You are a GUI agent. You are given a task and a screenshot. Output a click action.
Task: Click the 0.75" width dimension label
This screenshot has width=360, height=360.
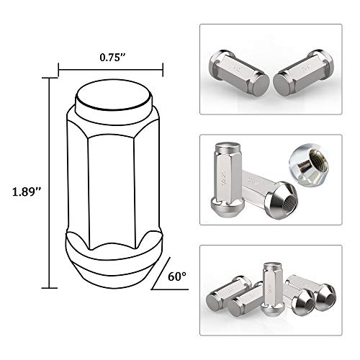[110, 54]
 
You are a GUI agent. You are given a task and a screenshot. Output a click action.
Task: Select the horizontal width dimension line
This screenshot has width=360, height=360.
[110, 71]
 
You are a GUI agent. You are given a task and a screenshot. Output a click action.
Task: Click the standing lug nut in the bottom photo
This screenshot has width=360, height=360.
[272, 288]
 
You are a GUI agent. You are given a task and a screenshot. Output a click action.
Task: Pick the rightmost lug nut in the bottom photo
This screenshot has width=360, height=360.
[317, 292]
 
